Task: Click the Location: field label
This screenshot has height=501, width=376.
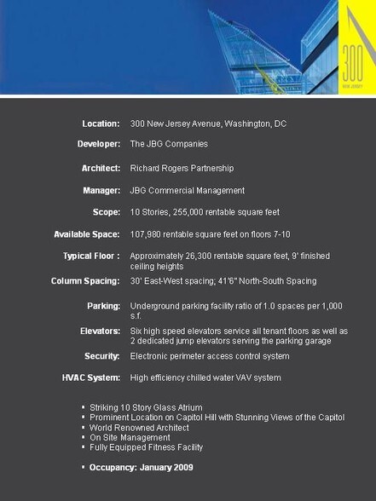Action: click(x=101, y=124)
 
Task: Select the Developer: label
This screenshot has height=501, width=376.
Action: click(x=99, y=144)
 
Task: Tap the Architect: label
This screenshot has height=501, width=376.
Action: click(x=101, y=169)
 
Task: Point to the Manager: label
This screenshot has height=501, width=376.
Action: click(x=101, y=190)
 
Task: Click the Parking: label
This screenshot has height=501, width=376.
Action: click(x=103, y=305)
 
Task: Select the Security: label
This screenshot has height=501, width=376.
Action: click(x=101, y=355)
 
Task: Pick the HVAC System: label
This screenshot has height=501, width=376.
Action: click(x=91, y=377)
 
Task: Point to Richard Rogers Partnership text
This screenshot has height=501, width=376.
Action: click(x=182, y=169)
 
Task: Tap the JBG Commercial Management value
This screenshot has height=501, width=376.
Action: click(x=187, y=190)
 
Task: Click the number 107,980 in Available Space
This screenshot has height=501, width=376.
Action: click(x=147, y=233)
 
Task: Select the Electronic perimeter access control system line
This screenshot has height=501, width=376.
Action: click(x=210, y=355)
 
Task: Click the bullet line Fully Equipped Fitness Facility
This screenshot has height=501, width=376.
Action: click(x=146, y=446)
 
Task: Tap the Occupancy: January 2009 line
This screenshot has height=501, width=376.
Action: click(x=141, y=467)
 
